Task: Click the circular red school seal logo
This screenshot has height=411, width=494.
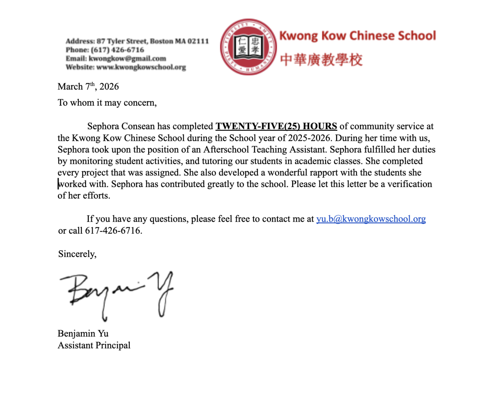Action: coord(248,47)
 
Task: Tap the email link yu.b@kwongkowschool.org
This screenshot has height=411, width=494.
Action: coord(371,219)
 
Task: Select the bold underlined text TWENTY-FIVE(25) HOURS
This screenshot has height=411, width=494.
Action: coord(276,126)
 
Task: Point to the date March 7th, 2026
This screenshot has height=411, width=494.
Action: coord(88,86)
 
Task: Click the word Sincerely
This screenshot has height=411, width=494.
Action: coord(77,254)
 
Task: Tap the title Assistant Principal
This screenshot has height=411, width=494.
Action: coord(94,345)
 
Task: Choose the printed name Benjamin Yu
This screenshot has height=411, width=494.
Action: coord(83,334)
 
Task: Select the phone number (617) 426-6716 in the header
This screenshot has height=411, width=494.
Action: coord(117,50)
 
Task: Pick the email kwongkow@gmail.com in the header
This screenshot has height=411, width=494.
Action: coord(127,59)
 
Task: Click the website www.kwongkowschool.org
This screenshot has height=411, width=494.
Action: coord(141,67)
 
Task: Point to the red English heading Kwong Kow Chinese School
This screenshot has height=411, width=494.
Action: coord(357,36)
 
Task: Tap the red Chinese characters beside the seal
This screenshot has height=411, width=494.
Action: coord(321,60)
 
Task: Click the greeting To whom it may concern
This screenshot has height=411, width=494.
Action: coord(107,103)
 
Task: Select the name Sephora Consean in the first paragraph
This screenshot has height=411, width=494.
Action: coord(121,126)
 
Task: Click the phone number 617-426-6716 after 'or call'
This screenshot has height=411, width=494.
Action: coord(113,231)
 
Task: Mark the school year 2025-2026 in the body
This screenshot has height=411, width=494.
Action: coord(309,138)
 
